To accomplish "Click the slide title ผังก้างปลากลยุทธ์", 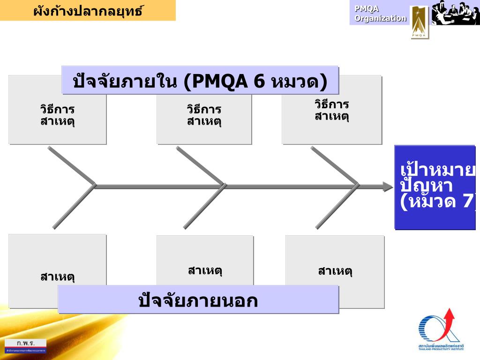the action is tap(88, 10).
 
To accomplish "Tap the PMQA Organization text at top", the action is tap(380, 14).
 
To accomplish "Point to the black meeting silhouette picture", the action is tap(455, 13).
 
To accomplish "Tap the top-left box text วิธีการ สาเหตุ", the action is tap(57, 116).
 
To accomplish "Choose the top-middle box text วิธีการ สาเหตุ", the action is tap(204, 116).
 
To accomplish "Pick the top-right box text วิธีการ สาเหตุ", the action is tap(332, 110).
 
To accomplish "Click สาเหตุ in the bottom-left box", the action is tap(58, 277).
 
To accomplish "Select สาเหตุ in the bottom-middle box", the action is tap(205, 270).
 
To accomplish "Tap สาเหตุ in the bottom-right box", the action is tap(335, 271).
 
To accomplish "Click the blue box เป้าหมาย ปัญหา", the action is tap(435, 187).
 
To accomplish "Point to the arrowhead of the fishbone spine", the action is tap(388, 187).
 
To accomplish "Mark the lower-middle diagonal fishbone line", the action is tap(204, 207).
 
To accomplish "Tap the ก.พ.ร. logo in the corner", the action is tap(26, 345).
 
